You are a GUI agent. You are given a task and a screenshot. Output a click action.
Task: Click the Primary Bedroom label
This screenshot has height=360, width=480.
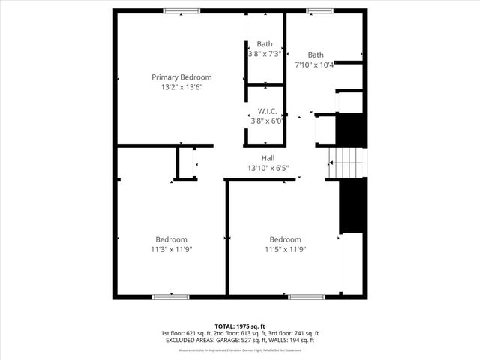pos(181,77)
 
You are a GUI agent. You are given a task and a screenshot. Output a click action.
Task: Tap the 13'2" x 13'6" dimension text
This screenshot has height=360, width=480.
pos(181,87)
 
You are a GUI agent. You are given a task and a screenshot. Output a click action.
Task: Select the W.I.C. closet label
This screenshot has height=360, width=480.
pos(267,111)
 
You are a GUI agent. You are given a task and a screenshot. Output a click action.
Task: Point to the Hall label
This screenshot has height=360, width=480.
pos(268,158)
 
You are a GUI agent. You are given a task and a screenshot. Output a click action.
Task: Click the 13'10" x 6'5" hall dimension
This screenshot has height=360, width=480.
pos(268,168)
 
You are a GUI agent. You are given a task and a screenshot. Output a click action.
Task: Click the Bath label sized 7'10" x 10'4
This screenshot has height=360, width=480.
pos(316,55)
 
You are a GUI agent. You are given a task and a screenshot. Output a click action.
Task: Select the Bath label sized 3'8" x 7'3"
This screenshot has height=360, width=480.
pos(265,44)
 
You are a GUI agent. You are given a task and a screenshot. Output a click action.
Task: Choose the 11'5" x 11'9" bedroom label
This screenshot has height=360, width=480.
pos(285,239)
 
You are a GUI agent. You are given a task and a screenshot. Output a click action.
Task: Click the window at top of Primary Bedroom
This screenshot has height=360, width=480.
pos(182,10)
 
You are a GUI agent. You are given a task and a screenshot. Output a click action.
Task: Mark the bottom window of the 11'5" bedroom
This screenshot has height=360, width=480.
pos(307,297)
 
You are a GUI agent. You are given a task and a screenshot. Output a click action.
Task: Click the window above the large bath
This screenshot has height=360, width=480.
pos(319,10)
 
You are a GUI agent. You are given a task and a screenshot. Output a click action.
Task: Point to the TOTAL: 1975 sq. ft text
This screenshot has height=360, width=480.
pos(240,326)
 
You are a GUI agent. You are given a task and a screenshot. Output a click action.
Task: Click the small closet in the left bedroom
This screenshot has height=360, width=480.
pos(186,163)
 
